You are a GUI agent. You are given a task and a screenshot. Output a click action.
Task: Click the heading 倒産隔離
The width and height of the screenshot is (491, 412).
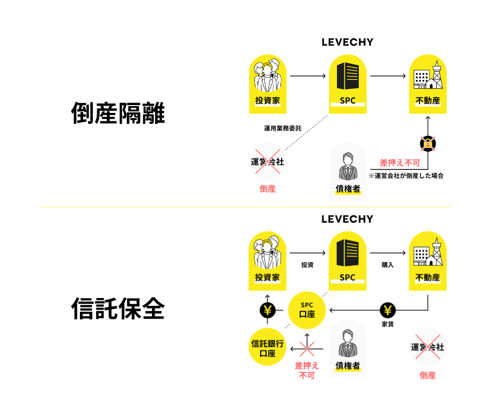(118, 113)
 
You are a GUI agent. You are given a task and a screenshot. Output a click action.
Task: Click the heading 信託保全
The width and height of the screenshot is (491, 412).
(118, 309)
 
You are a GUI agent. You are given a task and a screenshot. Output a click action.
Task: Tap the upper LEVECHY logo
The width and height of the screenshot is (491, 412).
(347, 42)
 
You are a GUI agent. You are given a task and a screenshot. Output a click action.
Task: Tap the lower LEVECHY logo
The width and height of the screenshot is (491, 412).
(347, 219)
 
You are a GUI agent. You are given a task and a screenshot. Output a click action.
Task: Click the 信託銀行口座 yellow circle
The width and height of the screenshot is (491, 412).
(267, 347)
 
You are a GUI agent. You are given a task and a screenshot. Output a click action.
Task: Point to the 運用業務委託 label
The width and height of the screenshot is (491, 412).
(283, 128)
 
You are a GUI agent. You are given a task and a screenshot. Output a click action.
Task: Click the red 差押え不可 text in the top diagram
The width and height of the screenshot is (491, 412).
(400, 163)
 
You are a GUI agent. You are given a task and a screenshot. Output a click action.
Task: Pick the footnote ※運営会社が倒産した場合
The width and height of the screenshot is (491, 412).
(406, 176)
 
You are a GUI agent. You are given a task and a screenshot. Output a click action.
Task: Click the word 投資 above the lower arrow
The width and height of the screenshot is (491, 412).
(307, 265)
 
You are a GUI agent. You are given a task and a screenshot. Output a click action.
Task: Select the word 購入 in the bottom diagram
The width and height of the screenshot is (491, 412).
(388, 265)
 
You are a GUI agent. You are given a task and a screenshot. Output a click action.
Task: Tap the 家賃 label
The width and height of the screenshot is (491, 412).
(388, 325)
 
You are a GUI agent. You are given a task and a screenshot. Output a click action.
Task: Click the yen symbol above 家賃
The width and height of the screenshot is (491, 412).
(388, 311)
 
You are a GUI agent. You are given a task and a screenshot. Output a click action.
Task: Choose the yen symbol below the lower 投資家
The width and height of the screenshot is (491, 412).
(267, 311)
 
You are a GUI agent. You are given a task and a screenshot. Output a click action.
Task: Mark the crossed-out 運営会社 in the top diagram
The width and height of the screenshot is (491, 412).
(267, 162)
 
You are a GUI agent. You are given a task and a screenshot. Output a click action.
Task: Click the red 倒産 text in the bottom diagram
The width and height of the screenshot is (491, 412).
(427, 375)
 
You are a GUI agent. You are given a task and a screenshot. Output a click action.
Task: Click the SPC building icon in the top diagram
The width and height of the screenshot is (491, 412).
(347, 77)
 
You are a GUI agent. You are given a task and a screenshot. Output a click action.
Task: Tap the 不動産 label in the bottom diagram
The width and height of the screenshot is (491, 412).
(427, 277)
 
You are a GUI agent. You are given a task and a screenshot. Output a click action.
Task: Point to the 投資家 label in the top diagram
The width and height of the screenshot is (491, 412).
(267, 100)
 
